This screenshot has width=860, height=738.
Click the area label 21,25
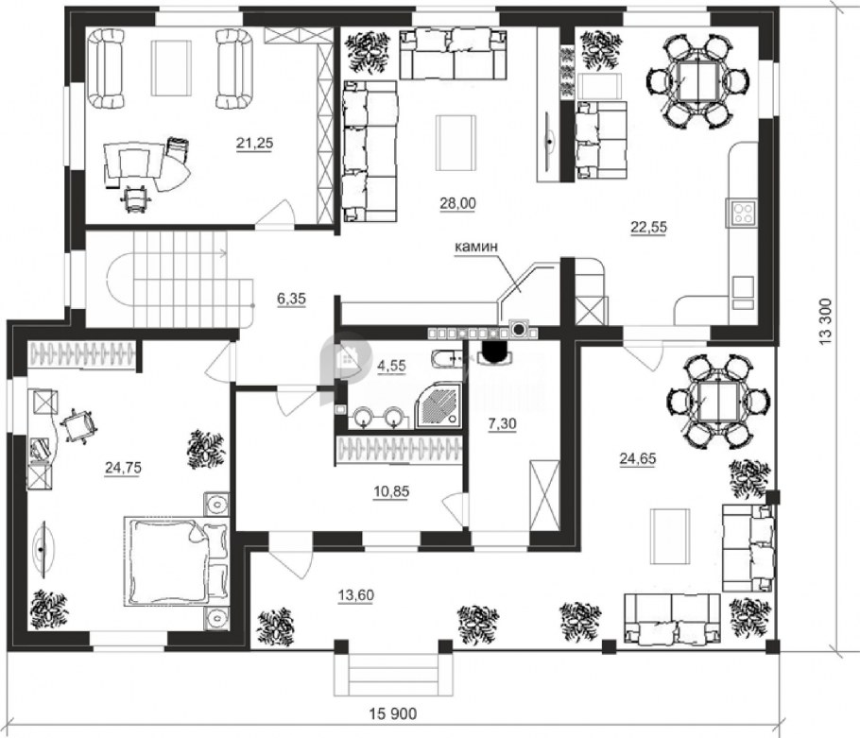pyautogui.click(x=254, y=143)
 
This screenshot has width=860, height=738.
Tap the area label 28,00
pyautogui.click(x=457, y=203)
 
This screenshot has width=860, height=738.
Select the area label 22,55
pyautogui.click(x=649, y=227)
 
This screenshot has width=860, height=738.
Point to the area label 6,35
pyautogui.click(x=291, y=300)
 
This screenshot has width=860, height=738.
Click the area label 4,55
pyautogui.click(x=391, y=365)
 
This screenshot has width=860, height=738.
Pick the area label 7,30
pyautogui.click(x=503, y=423)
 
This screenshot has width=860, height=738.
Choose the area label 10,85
pyautogui.click(x=391, y=491)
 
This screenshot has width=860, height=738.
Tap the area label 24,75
pyautogui.click(x=124, y=467)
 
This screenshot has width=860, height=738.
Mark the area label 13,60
pyautogui.click(x=355, y=595)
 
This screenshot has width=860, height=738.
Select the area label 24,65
pyautogui.click(x=637, y=457)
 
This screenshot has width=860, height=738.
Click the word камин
pyautogui.click(x=476, y=247)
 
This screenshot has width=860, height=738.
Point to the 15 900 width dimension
pyautogui.click(x=393, y=713)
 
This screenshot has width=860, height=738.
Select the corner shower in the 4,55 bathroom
pyautogui.click(x=439, y=404)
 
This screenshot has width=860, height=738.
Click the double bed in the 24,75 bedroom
pyautogui.click(x=176, y=561)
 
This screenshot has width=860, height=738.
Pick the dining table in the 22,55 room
pyautogui.click(x=697, y=81)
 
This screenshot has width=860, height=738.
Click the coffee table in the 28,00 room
pyautogui.click(x=456, y=142)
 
